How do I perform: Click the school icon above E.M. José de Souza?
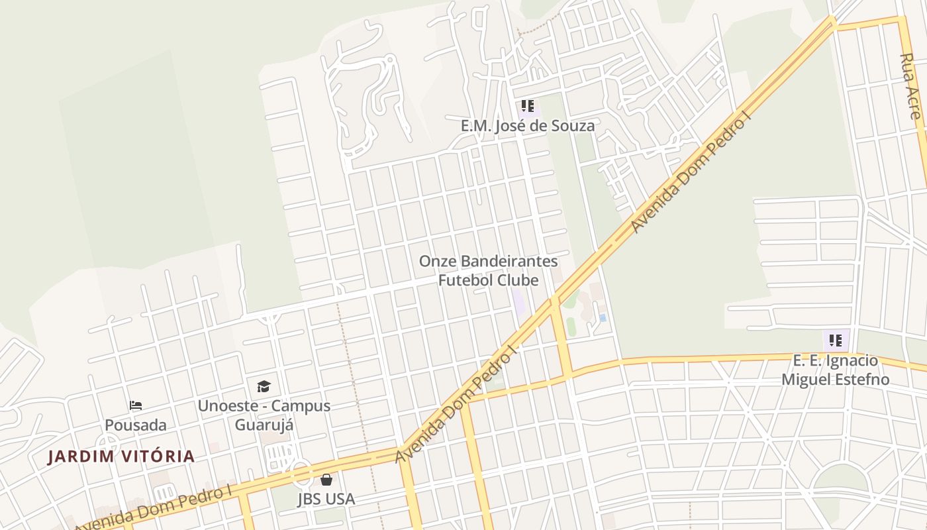click(x=527, y=106)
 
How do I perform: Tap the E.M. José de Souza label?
click(x=527, y=125)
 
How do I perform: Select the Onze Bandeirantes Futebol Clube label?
click(x=488, y=270)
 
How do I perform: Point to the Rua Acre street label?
click(x=911, y=86)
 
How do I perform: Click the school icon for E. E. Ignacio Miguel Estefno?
click(x=836, y=341)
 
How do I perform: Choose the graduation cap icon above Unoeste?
click(x=264, y=386)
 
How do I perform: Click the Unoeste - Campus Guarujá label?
click(x=264, y=415)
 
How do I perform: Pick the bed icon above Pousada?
click(x=136, y=405)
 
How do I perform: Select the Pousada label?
click(x=136, y=425)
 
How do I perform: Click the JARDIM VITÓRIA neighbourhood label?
click(x=121, y=456)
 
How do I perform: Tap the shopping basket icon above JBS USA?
click(x=326, y=480)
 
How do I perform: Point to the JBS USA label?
click(x=326, y=499)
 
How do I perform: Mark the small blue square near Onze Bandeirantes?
click(x=603, y=318)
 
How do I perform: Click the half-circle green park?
click(x=840, y=478)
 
